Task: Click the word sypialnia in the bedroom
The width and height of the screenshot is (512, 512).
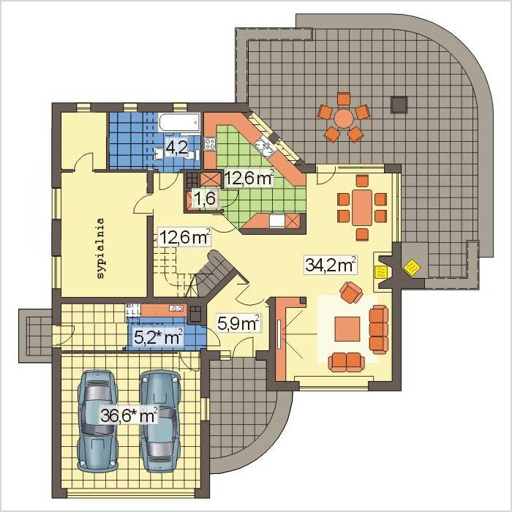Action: tap(101, 248)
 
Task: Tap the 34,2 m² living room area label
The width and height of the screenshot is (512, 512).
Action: tap(330, 265)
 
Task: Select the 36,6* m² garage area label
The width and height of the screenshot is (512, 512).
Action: tap(129, 415)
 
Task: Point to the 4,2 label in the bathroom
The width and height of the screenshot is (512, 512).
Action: tap(177, 148)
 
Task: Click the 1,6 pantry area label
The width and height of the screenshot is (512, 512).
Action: tap(205, 198)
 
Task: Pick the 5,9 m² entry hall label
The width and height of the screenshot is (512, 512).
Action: tap(238, 323)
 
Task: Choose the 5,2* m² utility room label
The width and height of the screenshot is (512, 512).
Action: tap(158, 338)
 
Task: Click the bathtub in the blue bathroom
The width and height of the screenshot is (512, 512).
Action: tap(179, 122)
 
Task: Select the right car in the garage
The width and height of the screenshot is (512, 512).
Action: tap(160, 421)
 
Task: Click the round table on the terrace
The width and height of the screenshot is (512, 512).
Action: tap(343, 118)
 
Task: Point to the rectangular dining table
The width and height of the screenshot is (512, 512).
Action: tap(362, 207)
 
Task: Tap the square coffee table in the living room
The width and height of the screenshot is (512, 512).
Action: tap(347, 329)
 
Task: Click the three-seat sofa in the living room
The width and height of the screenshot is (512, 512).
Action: tap(379, 329)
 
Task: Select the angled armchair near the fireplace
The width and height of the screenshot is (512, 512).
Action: tap(351, 293)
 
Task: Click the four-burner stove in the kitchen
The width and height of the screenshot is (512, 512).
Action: tap(210, 143)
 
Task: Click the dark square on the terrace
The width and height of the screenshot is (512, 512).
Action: tap(399, 105)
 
